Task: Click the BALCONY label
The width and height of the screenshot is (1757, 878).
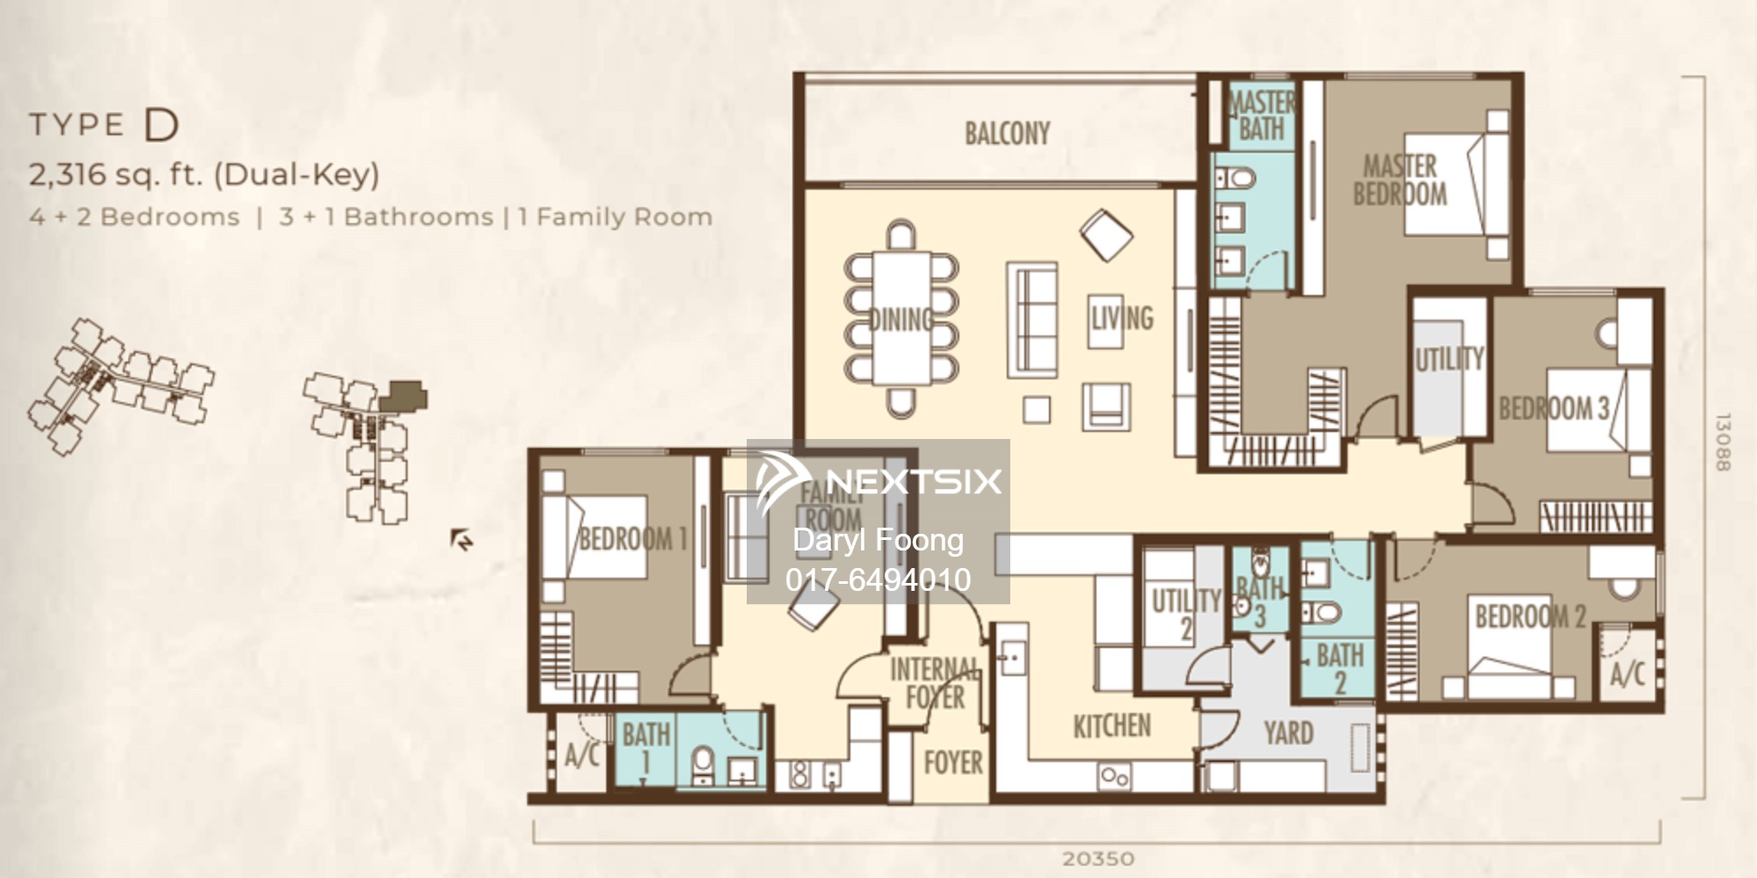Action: (x=1007, y=133)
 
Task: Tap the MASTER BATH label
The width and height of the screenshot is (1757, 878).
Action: (x=1262, y=115)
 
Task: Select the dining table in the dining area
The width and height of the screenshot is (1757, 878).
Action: (x=901, y=318)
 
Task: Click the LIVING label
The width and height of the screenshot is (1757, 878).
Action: (x=1122, y=318)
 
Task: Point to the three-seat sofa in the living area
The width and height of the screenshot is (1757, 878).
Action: (x=1031, y=320)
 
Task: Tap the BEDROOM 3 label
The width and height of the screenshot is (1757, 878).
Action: (x=1553, y=408)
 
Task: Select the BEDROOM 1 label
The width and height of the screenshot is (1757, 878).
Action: (x=633, y=538)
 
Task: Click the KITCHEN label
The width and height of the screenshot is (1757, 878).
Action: (x=1111, y=726)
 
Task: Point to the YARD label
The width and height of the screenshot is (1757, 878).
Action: (x=1288, y=733)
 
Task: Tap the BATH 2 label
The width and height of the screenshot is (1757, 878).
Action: (x=1340, y=668)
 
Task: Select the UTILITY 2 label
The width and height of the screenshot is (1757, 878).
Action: (x=1186, y=614)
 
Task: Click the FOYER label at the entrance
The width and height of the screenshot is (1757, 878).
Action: (x=953, y=762)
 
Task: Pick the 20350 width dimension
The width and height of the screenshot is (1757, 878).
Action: (x=1098, y=859)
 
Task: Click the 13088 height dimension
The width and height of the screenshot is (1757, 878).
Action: (x=1722, y=443)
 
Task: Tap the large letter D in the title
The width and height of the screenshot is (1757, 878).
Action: (x=161, y=126)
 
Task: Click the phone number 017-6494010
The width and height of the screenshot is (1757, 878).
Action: (x=878, y=579)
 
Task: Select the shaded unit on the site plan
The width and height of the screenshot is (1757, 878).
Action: (x=407, y=395)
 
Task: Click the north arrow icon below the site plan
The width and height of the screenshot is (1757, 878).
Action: (x=461, y=539)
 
